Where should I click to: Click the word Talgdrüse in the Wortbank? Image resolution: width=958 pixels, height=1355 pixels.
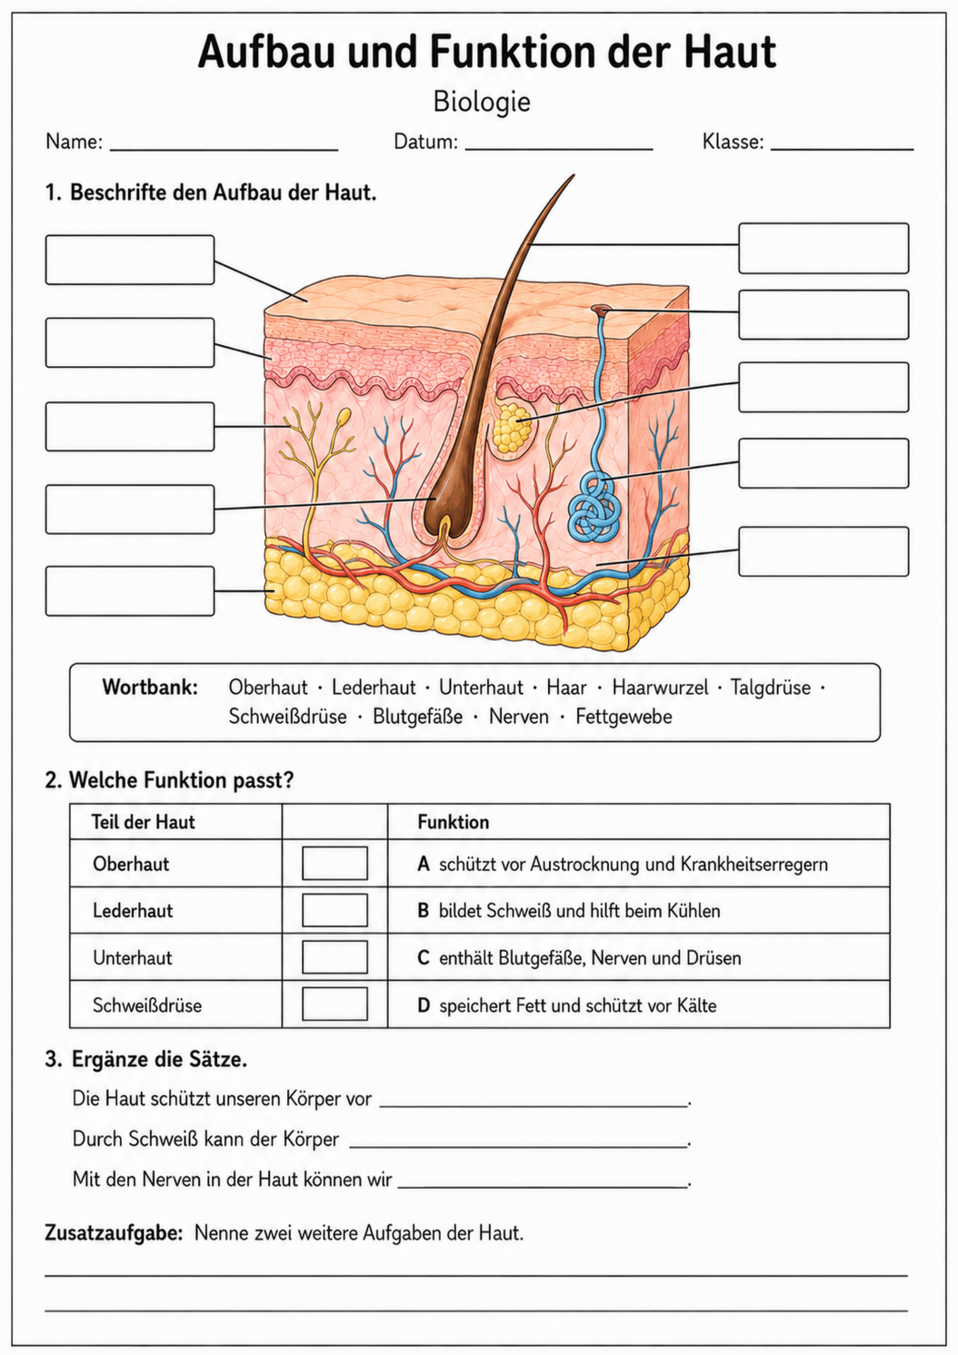(770, 687)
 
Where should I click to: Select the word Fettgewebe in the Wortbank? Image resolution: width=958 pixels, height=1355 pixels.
(624, 717)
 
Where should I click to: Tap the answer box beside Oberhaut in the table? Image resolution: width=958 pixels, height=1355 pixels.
(335, 863)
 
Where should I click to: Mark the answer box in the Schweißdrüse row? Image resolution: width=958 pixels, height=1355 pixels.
(335, 1004)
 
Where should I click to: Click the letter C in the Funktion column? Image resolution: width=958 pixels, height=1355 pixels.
(423, 957)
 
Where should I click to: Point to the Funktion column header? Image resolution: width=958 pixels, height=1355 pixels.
(453, 822)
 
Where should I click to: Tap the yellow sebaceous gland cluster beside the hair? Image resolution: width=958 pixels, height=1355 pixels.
(512, 427)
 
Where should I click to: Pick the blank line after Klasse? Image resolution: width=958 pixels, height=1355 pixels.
(842, 149)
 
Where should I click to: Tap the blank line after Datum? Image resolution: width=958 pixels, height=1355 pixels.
(559, 149)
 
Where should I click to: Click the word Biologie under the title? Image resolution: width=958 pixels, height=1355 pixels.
(482, 102)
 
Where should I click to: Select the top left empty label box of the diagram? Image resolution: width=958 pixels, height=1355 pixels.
(130, 259)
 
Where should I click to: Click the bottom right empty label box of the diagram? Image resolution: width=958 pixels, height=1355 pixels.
(823, 551)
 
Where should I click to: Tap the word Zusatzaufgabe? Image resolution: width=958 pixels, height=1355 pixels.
(114, 1233)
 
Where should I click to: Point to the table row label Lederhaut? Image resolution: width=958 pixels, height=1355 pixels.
(132, 910)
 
